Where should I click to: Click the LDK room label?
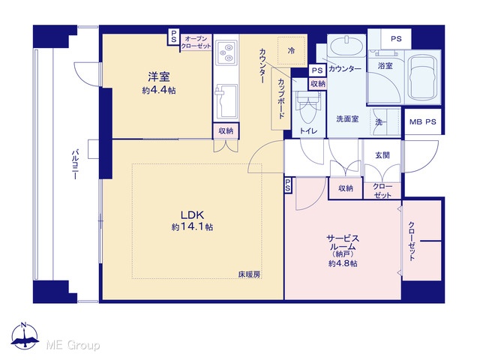point(192,214)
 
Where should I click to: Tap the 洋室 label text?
point(159,76)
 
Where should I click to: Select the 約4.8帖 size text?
point(343,263)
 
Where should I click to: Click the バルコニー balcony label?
point(75,164)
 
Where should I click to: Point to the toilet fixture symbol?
point(307,108)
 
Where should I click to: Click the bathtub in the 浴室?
point(422,77)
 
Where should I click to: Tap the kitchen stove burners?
point(226,52)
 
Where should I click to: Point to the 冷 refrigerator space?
point(292,51)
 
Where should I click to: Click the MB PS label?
point(422,121)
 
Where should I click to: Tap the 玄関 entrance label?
point(382,155)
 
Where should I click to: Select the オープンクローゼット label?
point(196,42)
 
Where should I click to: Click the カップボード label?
point(281,98)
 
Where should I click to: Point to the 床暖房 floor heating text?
point(249,274)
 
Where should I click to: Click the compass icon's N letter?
point(24,325)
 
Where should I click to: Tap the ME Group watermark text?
point(73,345)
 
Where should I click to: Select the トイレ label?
point(308,131)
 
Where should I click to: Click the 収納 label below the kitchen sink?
point(226,130)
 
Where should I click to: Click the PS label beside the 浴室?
point(396,39)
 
